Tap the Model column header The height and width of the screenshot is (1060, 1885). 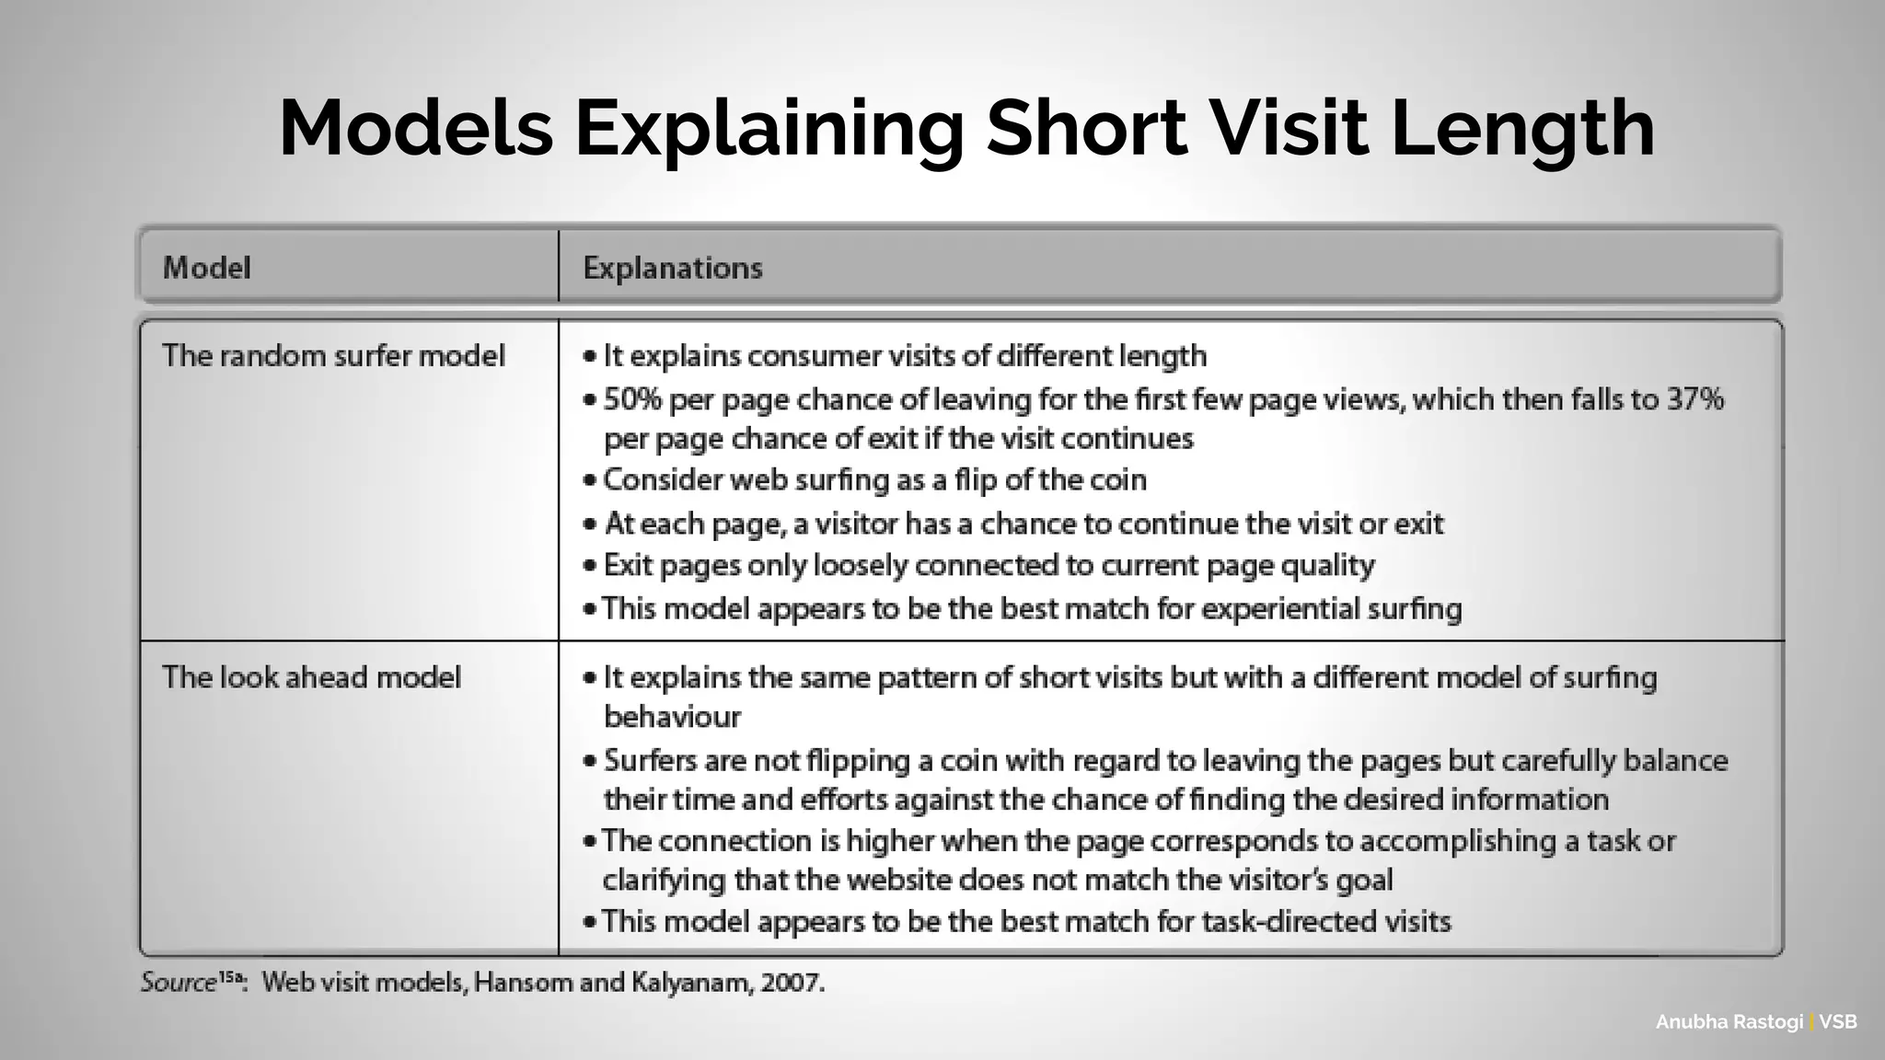coord(206,268)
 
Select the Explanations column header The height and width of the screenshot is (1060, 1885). coord(673,268)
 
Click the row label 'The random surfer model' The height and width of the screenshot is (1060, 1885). coord(333,356)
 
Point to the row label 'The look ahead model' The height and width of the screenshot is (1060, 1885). coord(311,677)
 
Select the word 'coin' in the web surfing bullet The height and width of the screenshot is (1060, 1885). coord(1118,479)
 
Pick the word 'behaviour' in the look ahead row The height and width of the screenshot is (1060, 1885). coord(672,717)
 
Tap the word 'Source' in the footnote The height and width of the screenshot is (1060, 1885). coord(178,983)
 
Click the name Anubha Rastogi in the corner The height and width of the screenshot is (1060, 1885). coord(1729,1022)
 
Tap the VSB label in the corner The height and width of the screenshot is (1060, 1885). coord(1838,1022)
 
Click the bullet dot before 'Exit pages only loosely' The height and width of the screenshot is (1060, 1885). coord(590,566)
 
